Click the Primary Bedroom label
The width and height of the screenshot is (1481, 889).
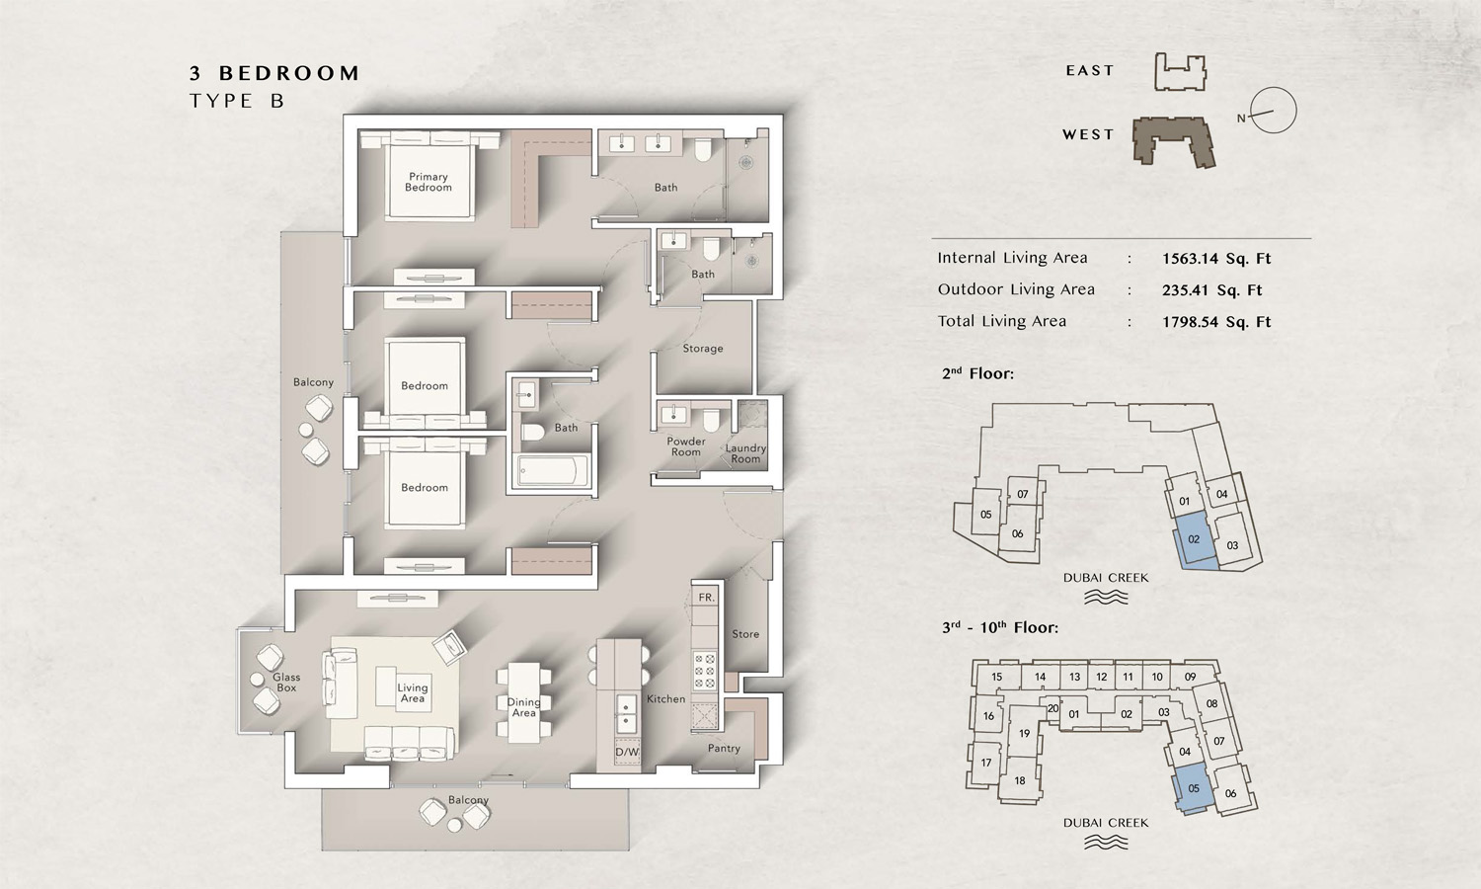click(429, 182)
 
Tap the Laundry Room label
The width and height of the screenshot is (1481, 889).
click(745, 453)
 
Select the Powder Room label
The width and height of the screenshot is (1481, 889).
click(685, 446)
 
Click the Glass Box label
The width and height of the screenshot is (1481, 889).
click(286, 682)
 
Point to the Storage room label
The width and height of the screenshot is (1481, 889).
click(703, 348)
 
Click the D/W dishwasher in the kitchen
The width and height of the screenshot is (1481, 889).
click(627, 752)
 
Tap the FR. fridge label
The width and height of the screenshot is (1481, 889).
click(707, 598)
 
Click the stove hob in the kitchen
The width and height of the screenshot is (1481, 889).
click(704, 670)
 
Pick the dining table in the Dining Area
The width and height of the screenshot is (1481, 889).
click(523, 701)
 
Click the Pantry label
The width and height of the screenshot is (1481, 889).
click(724, 748)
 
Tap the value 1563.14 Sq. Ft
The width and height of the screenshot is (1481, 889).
click(1216, 259)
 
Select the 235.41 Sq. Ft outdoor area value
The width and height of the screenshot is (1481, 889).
click(1211, 290)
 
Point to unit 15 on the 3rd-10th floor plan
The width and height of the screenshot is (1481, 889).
click(996, 677)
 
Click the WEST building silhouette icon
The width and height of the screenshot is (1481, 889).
click(1174, 141)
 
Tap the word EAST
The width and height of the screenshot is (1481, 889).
click(1090, 70)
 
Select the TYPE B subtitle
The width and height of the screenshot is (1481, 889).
click(237, 101)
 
